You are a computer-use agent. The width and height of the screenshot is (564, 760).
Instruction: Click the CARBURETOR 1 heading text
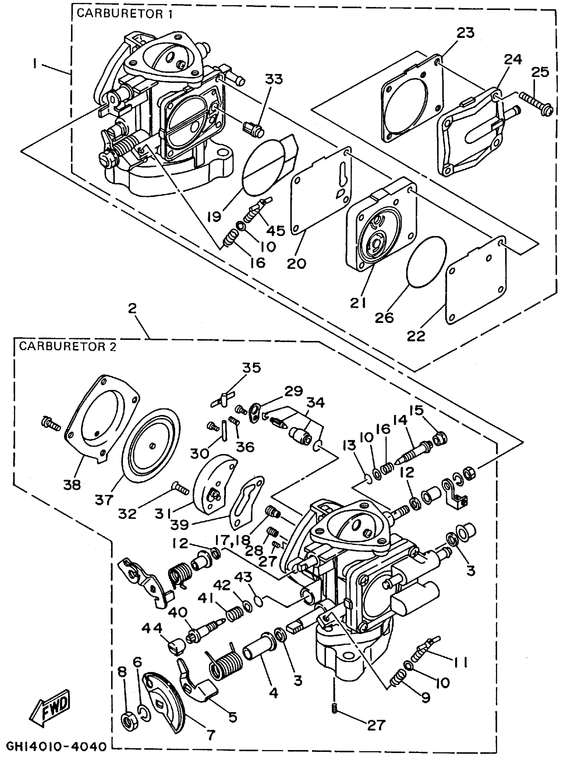(125, 14)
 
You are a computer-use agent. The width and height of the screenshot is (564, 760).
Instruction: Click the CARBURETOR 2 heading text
(68, 346)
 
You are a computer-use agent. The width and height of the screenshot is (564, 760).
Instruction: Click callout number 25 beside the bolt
(540, 72)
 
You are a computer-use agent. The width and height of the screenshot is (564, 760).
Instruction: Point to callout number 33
(274, 79)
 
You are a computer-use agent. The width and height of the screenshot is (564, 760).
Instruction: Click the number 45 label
(276, 231)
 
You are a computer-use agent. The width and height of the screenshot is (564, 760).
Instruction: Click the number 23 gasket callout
(466, 33)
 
